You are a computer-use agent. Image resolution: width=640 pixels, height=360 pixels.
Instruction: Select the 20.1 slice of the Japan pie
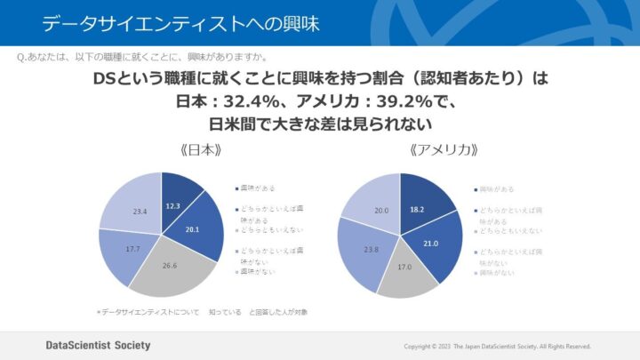click(194, 228)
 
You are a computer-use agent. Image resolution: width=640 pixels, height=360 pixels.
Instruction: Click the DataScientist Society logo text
click(98, 345)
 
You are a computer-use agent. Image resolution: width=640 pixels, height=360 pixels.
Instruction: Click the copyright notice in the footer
click(497, 346)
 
